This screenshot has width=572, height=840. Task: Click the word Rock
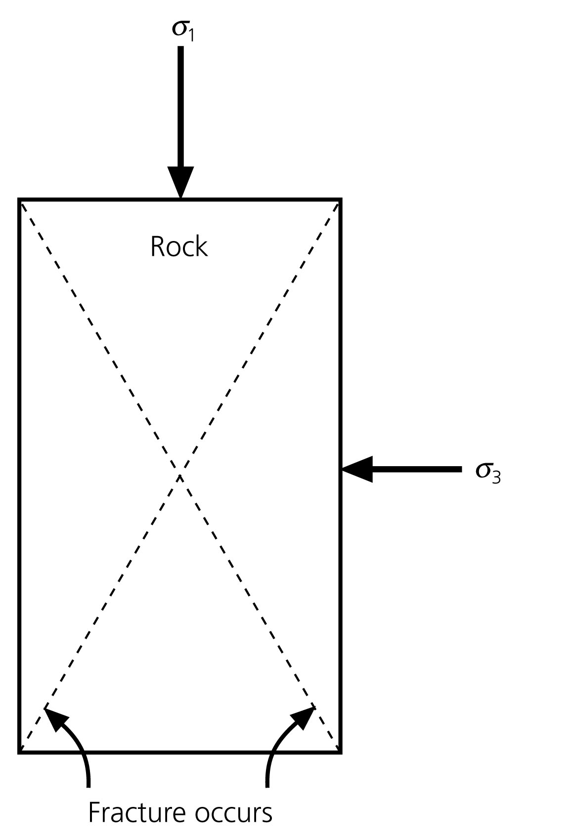click(x=179, y=246)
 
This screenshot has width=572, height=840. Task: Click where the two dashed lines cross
click(x=180, y=477)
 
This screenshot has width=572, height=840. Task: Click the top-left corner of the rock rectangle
click(x=20, y=200)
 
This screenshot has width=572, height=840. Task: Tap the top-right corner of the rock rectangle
click(x=341, y=200)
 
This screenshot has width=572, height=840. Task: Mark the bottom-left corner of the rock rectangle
click(x=20, y=752)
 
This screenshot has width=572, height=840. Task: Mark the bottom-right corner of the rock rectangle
click(x=341, y=752)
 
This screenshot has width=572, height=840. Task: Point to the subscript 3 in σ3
click(x=496, y=477)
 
